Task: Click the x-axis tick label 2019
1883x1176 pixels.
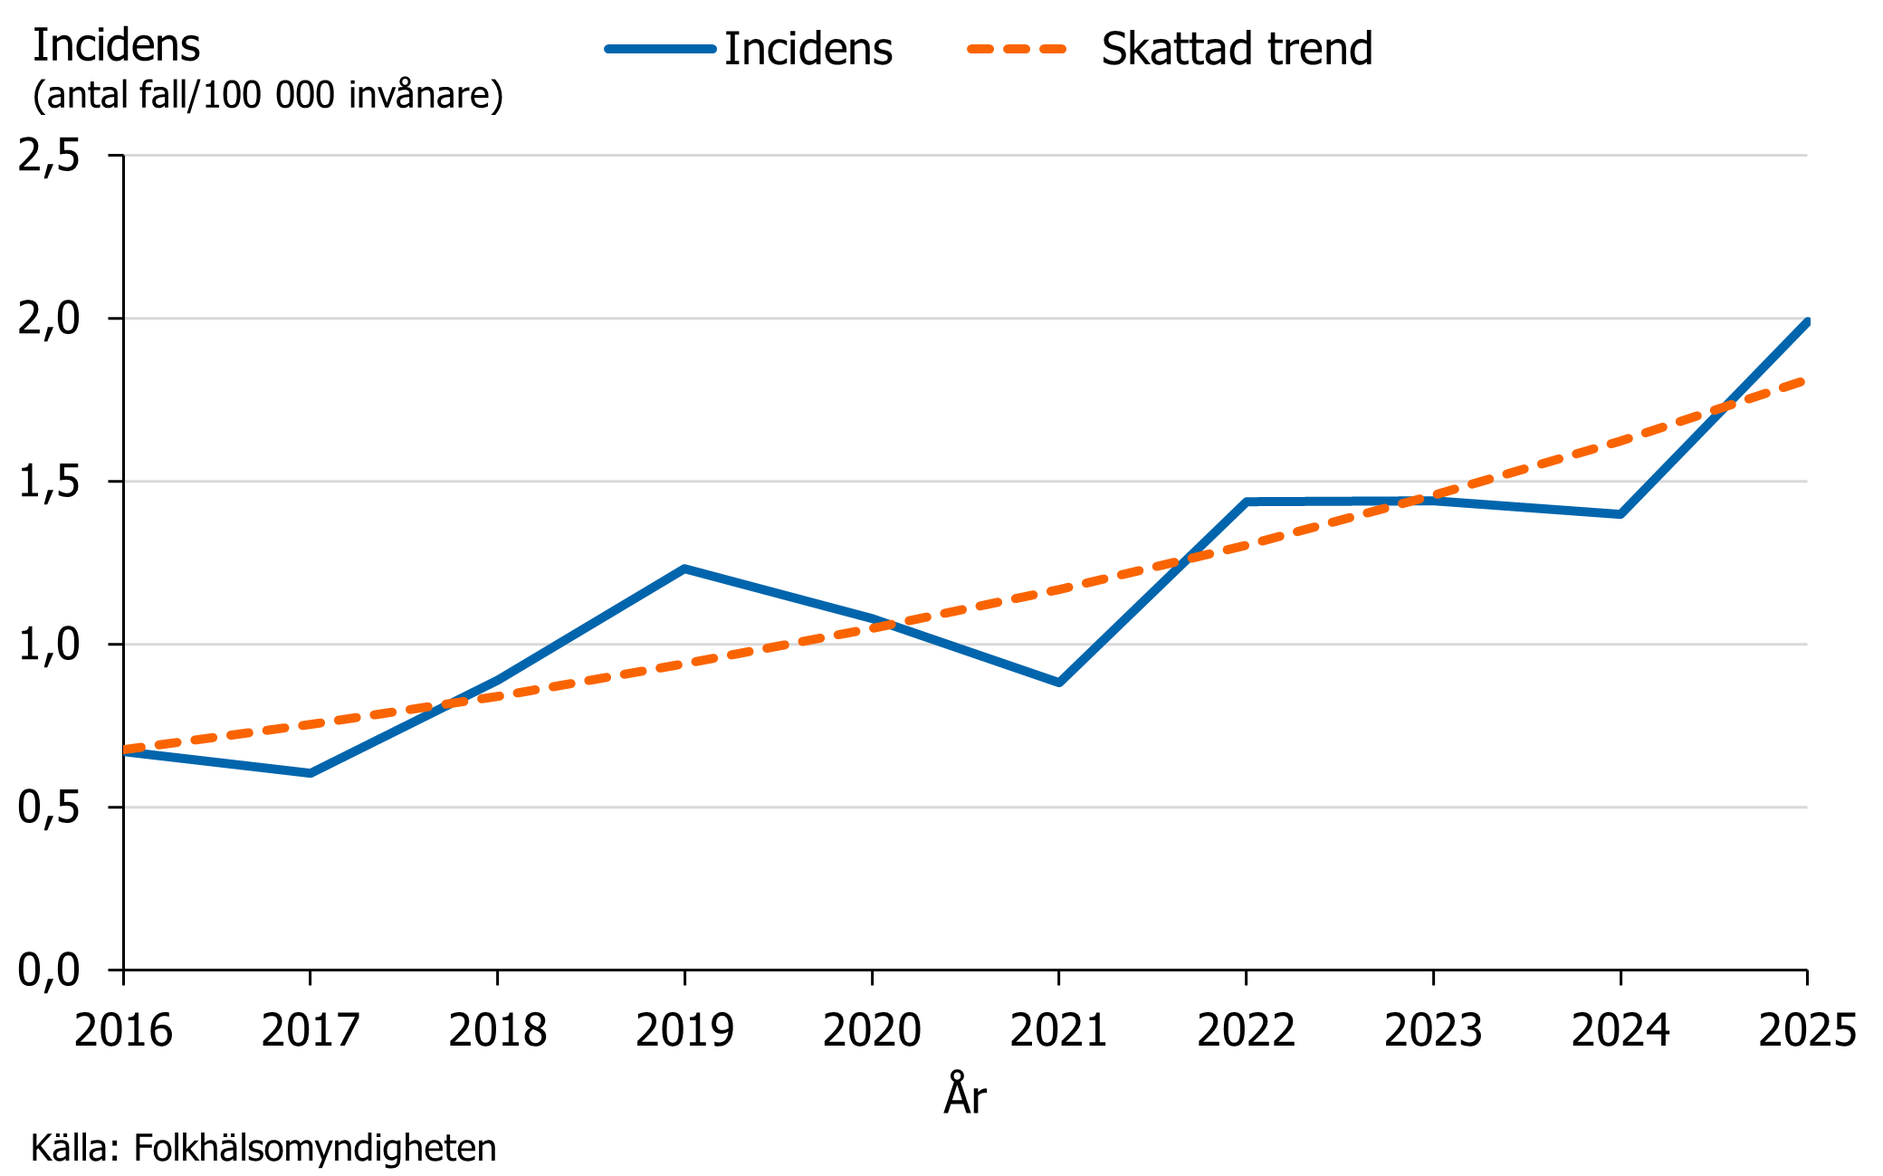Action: tap(684, 1030)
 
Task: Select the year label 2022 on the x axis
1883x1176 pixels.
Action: tap(1246, 1030)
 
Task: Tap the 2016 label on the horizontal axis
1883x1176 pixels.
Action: tap(123, 1030)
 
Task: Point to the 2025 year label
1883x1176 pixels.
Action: tap(1806, 1030)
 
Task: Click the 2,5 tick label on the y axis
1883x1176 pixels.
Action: tap(49, 157)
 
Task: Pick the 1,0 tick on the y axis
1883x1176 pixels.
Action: tap(49, 645)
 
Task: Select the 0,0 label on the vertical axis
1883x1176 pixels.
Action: tap(49, 970)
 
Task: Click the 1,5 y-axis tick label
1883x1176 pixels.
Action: tap(49, 483)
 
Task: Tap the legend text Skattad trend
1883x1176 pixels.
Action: tap(1237, 49)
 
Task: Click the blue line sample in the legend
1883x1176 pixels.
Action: tap(661, 49)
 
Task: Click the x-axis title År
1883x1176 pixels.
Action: tap(965, 1095)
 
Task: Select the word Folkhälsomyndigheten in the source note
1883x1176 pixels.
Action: tap(315, 1148)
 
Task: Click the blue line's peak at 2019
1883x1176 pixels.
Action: tap(684, 569)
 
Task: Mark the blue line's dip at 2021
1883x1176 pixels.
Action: tap(1058, 682)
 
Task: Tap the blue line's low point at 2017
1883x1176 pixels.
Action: tap(311, 773)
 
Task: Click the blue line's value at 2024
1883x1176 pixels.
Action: tap(1620, 514)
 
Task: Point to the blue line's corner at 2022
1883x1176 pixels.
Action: tap(1247, 502)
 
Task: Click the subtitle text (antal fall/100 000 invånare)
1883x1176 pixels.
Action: tap(268, 95)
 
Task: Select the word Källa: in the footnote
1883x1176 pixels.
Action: tap(75, 1148)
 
